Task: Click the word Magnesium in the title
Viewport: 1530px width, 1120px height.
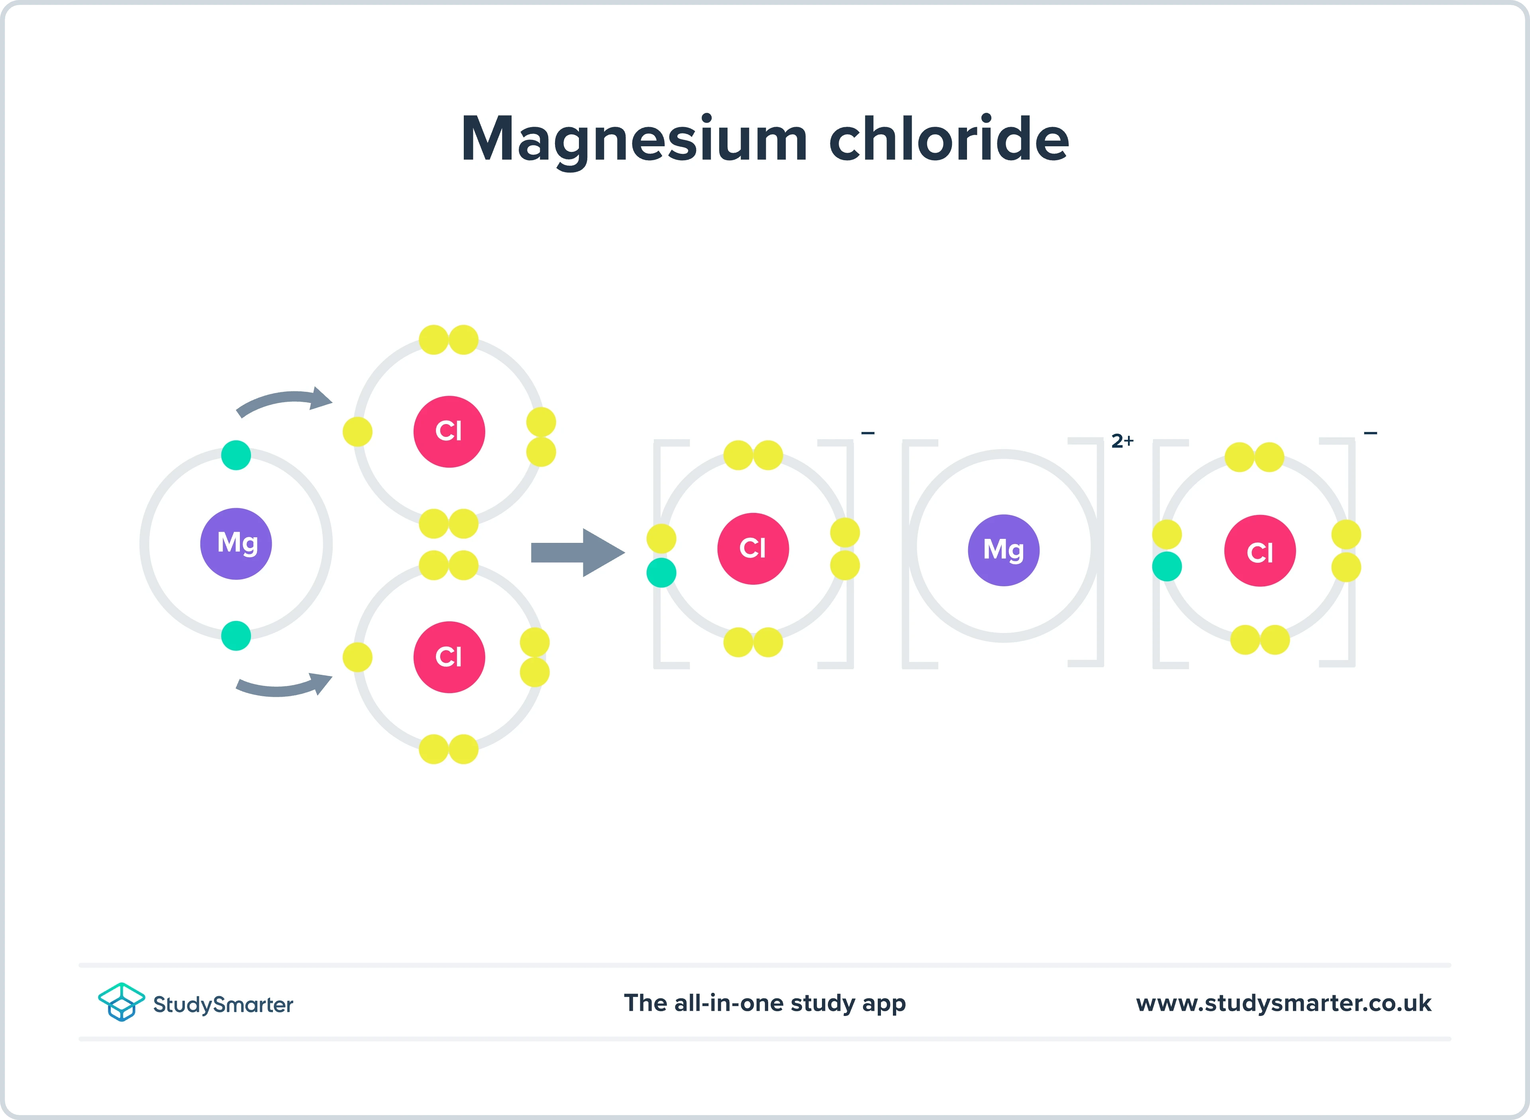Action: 634,139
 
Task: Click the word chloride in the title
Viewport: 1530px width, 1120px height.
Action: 949,139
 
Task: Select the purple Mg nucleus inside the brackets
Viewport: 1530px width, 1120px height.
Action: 1004,550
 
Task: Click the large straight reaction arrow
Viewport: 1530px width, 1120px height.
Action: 577,552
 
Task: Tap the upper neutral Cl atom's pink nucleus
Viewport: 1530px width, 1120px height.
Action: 449,431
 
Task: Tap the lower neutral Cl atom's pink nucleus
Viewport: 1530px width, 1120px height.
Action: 449,657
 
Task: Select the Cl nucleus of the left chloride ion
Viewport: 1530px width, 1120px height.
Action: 753,548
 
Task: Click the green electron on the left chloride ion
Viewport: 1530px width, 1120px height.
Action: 661,573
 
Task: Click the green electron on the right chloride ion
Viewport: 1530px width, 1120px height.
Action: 1167,567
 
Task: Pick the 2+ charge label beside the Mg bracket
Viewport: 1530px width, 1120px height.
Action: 1122,441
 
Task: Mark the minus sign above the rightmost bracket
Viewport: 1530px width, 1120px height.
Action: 1370,432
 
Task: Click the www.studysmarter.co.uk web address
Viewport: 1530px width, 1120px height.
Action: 1283,1003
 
